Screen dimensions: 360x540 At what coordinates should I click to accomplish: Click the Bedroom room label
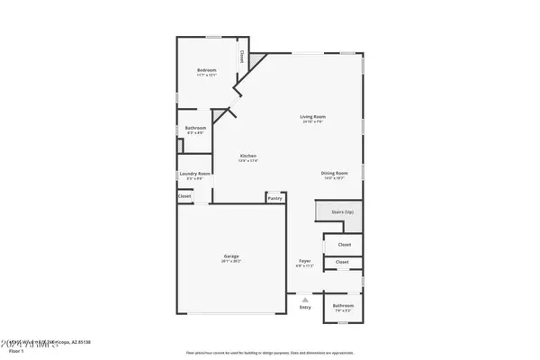[207, 69]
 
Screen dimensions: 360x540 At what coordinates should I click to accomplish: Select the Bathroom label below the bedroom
[195, 128]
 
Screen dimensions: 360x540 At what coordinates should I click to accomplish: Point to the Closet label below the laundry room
[184, 196]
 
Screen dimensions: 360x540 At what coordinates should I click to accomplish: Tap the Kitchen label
[248, 157]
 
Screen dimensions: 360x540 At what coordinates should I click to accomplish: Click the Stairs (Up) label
[343, 212]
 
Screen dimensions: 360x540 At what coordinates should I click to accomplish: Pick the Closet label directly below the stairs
[344, 244]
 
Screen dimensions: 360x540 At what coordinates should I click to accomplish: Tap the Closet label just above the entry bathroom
[342, 262]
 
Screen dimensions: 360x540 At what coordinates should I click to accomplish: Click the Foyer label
[305, 262]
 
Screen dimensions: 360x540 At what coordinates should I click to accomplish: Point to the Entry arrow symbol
[304, 299]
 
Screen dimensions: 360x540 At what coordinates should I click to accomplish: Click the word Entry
[304, 307]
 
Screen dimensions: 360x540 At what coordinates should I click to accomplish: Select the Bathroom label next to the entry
[343, 305]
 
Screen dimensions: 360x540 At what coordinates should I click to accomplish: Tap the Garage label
[231, 256]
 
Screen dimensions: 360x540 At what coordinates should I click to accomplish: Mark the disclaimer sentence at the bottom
[269, 353]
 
